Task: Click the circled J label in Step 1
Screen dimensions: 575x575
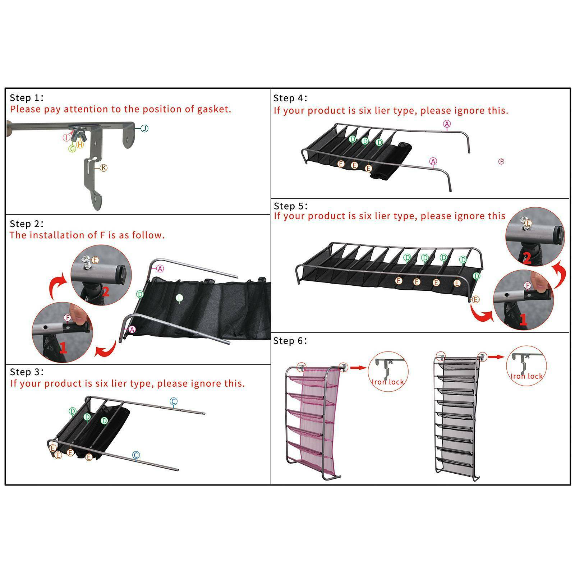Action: click(x=144, y=128)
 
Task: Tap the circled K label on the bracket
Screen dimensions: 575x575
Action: click(x=103, y=168)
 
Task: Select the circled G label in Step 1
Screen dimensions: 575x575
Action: click(x=72, y=148)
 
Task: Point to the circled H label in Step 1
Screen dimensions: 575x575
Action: click(x=80, y=144)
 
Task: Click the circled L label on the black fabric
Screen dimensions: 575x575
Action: click(x=179, y=298)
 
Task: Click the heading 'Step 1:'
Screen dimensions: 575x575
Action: click(x=27, y=98)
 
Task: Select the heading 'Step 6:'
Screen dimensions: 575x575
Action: click(x=290, y=341)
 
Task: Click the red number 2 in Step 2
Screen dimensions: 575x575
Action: click(x=105, y=292)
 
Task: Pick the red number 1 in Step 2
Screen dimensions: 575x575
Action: click(x=63, y=348)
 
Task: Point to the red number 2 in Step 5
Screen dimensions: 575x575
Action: click(x=527, y=258)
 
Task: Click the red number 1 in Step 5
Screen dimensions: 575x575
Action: click(x=523, y=319)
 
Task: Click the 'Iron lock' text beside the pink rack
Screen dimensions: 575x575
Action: click(x=388, y=382)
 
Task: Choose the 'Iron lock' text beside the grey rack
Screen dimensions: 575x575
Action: click(x=526, y=376)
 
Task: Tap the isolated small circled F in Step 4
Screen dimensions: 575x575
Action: click(x=501, y=162)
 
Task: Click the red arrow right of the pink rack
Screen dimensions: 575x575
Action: click(x=358, y=368)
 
